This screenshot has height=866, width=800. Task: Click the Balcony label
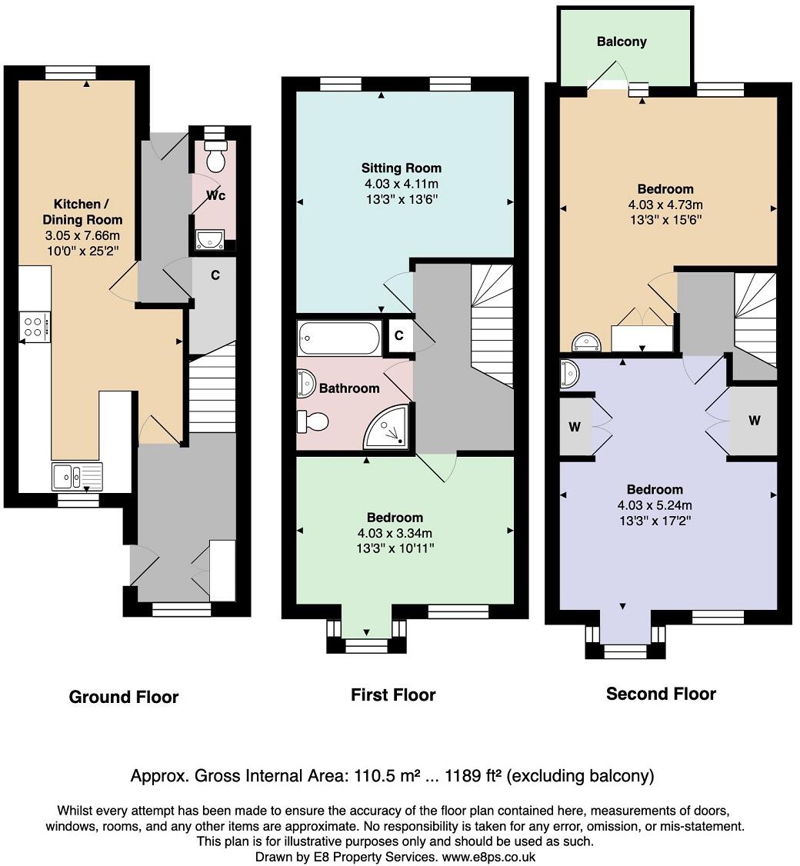622,42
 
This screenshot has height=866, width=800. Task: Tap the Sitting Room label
401,168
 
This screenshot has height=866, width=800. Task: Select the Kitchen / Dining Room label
82,212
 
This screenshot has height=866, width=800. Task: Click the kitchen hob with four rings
35,326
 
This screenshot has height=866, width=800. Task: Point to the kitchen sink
78,477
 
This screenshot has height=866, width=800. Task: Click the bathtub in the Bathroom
339,338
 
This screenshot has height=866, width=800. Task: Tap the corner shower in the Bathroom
387,427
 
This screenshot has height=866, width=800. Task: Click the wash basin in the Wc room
209,238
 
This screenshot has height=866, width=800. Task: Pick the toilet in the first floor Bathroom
313,422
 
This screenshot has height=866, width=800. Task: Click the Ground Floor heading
124,697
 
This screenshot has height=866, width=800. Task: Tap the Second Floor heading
661,694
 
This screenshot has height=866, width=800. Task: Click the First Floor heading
393,694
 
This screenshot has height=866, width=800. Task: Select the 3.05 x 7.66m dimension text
82,235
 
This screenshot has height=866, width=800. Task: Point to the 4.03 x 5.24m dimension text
655,505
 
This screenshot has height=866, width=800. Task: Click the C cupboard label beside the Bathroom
399,335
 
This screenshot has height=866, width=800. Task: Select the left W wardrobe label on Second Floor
575,426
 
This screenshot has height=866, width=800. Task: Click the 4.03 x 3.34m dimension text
395,533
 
